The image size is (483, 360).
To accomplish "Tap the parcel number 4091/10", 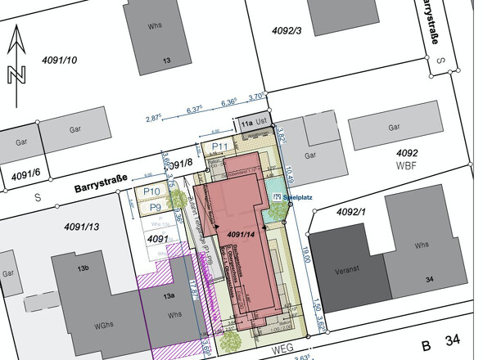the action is [56, 61].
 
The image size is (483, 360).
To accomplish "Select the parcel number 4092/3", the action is [287, 31].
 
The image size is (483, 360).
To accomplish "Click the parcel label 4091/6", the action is [25, 175].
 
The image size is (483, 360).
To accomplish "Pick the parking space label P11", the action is [219, 146].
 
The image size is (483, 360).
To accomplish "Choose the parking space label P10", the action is [151, 192].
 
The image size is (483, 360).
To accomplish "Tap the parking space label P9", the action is [155, 208].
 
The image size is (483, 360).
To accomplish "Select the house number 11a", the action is [246, 123].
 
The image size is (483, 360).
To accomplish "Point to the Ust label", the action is [262, 122].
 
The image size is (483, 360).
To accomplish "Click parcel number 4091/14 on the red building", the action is [242, 235].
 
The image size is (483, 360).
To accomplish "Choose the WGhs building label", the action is [104, 325].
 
